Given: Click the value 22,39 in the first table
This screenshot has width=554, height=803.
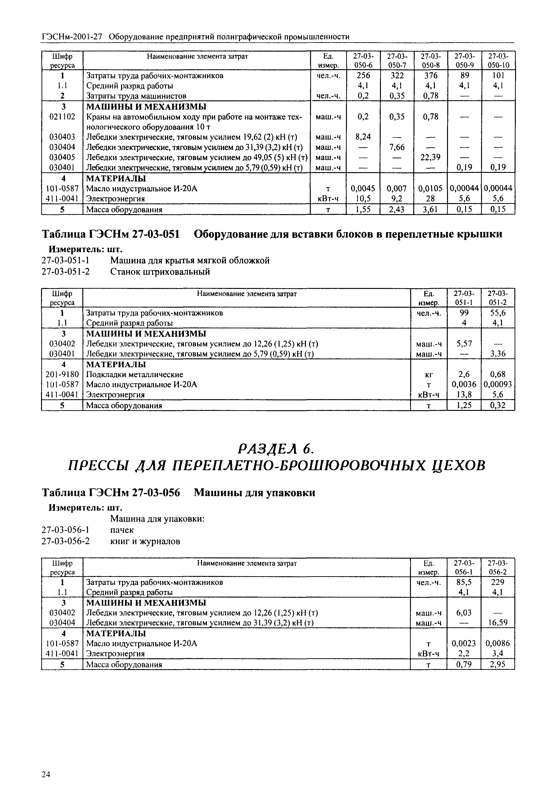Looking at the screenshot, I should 430,157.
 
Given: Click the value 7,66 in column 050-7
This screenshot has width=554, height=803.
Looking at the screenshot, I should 397,147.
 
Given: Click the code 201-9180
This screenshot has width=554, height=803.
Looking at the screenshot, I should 62,374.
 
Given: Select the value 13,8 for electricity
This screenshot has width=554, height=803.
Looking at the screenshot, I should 464,394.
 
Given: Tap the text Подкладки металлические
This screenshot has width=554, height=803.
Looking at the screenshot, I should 134,374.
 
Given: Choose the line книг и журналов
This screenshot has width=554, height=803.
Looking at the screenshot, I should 145,541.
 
